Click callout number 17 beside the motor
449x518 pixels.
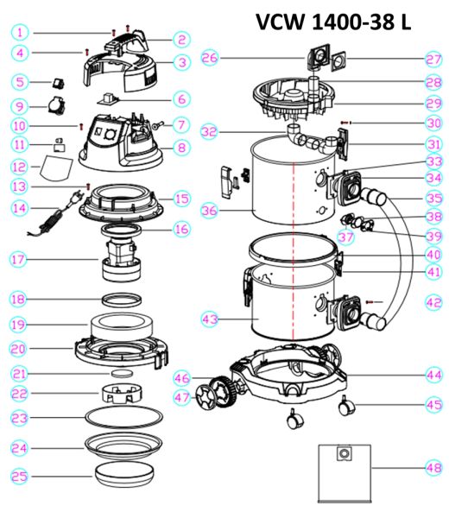point(19,259)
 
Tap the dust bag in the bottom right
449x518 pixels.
point(343,467)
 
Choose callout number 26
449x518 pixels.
point(209,58)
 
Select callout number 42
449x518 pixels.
point(433,302)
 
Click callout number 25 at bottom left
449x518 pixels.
point(19,476)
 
